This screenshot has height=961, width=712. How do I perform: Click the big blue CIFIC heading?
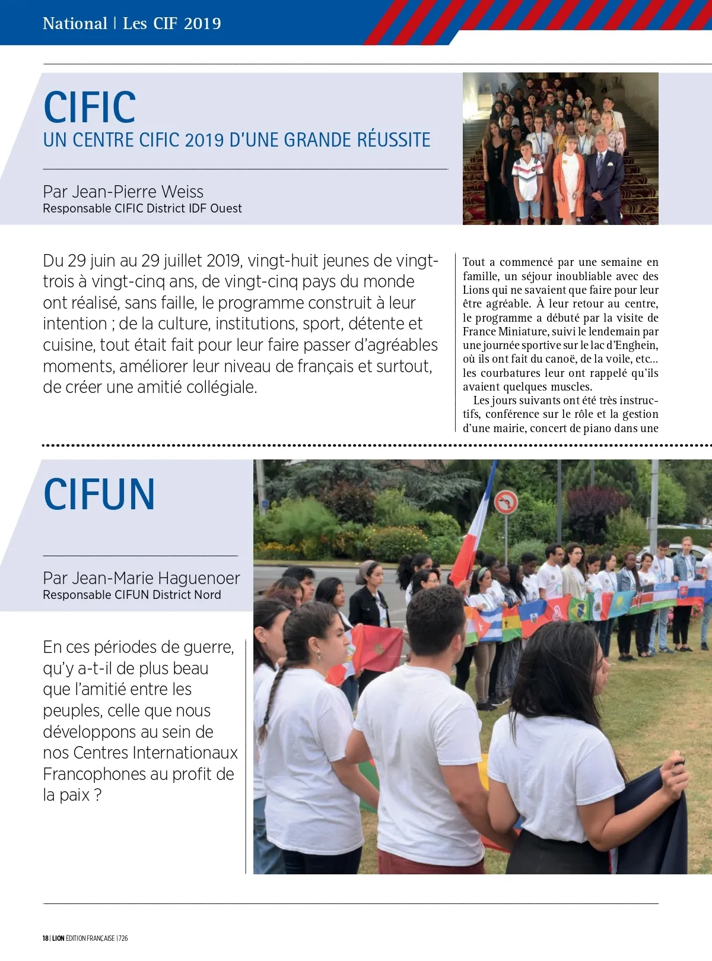click(x=90, y=107)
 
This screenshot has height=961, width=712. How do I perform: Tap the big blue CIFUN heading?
click(x=99, y=494)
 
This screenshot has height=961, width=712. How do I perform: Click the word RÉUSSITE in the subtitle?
click(x=393, y=140)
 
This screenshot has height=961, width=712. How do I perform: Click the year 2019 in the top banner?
click(x=202, y=23)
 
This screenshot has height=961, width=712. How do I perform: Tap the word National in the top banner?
click(x=75, y=23)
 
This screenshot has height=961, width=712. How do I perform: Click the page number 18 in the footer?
click(x=45, y=938)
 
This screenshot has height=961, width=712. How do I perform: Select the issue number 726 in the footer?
click(x=123, y=938)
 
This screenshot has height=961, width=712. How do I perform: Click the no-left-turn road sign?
click(x=506, y=502)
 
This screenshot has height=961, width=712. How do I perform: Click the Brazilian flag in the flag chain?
click(x=578, y=608)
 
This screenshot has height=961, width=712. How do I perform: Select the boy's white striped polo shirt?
click(x=527, y=177)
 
